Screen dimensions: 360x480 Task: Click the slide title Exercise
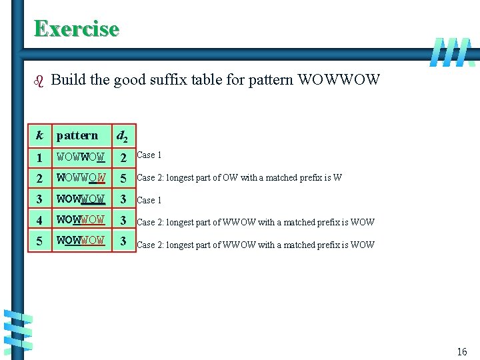[x=76, y=29]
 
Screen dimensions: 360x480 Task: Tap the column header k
[x=39, y=136]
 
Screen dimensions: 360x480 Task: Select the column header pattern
[x=77, y=136]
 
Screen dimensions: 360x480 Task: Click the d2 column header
[x=123, y=137]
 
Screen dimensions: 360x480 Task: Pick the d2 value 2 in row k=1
[x=123, y=158]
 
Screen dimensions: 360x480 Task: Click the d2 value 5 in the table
[x=123, y=179]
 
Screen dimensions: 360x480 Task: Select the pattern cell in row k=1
[x=81, y=158]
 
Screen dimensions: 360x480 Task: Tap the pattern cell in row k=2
[x=81, y=179]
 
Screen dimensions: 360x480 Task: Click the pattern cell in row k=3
[x=81, y=199]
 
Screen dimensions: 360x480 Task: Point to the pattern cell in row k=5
[x=81, y=241]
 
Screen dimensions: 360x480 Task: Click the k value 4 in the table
[x=39, y=220]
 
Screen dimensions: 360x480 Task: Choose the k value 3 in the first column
[x=39, y=199]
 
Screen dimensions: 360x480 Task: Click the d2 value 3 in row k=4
[x=123, y=220]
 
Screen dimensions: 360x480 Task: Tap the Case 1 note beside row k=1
[x=149, y=155]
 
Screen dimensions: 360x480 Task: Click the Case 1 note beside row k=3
[x=149, y=200]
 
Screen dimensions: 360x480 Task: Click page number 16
[x=461, y=351]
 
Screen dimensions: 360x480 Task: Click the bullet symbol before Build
[x=37, y=81]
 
